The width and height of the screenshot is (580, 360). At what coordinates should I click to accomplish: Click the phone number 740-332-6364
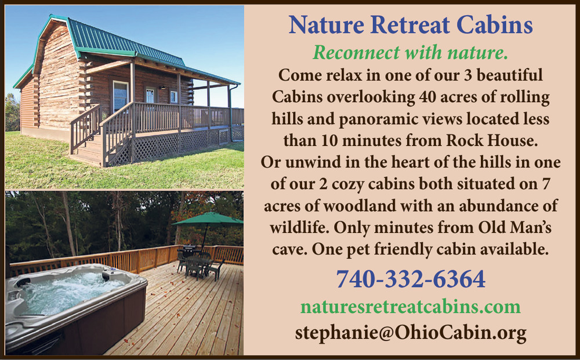coord(411,279)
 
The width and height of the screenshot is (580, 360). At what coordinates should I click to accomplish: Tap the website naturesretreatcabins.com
coord(411,307)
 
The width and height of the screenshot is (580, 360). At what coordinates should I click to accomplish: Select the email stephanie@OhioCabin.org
coord(411,332)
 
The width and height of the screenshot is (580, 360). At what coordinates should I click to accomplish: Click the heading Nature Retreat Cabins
coord(411,25)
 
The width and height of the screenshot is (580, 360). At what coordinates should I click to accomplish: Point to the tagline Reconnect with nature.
coord(411,53)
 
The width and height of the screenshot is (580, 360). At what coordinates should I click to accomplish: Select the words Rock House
coord(492,140)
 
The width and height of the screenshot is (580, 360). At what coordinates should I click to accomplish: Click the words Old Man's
coord(514,227)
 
